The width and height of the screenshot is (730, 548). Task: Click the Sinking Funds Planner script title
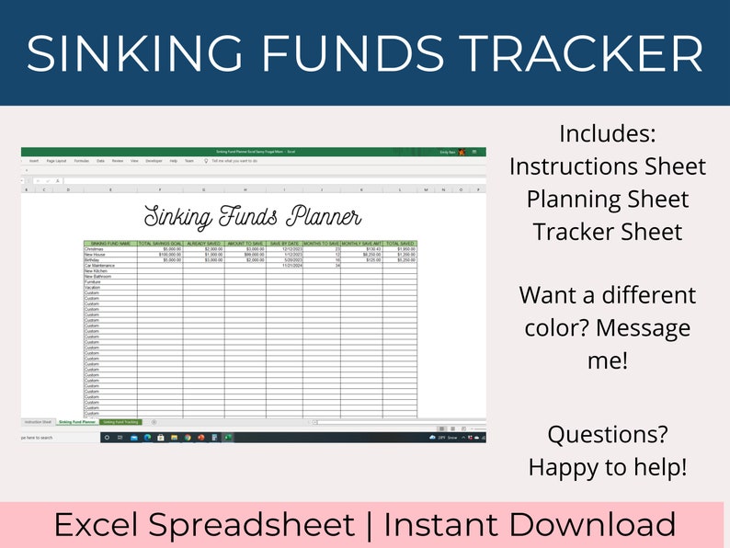point(253,217)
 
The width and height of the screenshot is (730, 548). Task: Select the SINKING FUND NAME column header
point(110,244)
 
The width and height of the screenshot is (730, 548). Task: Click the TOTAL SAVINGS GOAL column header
point(160,244)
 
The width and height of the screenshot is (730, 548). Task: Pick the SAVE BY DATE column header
point(284,244)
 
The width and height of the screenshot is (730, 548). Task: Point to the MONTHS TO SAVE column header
point(322,244)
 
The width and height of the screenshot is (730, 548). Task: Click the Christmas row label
point(95,249)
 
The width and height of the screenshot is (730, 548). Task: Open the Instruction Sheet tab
point(37,422)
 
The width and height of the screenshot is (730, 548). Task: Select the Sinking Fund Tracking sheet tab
point(120,422)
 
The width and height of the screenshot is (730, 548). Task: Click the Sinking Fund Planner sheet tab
point(76,422)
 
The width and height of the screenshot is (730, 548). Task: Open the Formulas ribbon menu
point(82,160)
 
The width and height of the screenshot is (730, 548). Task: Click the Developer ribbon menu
point(154,160)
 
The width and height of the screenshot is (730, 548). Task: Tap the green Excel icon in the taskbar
point(227,438)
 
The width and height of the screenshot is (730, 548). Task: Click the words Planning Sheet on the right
point(607,199)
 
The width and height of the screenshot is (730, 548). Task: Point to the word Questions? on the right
point(607,434)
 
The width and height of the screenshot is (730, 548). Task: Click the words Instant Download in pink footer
point(530,525)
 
